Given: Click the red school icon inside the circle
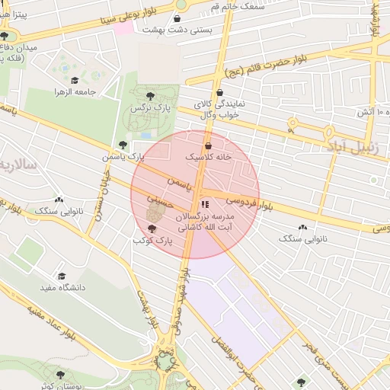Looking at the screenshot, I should pos(204,205).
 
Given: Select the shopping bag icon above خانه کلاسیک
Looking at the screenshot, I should pos(208,145).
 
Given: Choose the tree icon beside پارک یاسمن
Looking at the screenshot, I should pos(123,145).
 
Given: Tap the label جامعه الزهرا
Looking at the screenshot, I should pos(75,91).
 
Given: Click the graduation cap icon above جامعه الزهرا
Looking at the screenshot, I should pos(75,80).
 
